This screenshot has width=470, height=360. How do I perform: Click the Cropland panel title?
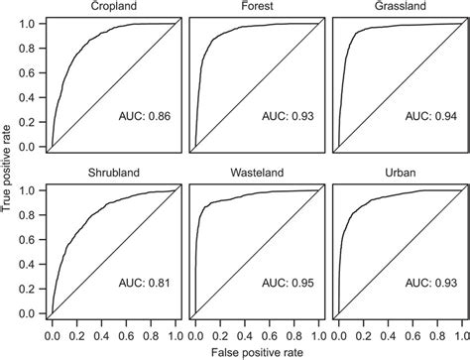tap(112, 7)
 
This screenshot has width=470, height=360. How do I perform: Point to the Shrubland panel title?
tap(112, 174)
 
